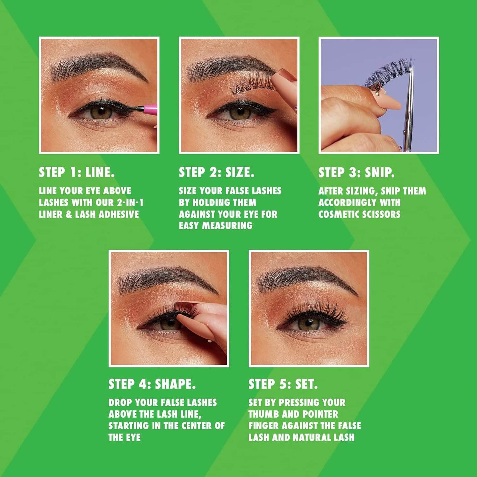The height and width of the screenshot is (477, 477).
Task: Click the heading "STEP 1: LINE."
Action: pyautogui.click(x=77, y=172)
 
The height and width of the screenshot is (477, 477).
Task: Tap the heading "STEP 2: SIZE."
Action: pyautogui.click(x=217, y=172)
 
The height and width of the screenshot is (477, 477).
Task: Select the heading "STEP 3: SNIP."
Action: pyautogui.click(x=356, y=172)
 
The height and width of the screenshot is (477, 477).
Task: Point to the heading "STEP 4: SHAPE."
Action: pyautogui.click(x=152, y=384)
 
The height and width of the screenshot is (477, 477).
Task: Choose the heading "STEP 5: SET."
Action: pyautogui.click(x=283, y=384)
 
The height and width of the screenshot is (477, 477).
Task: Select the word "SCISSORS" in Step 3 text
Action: pyautogui.click(x=383, y=214)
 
